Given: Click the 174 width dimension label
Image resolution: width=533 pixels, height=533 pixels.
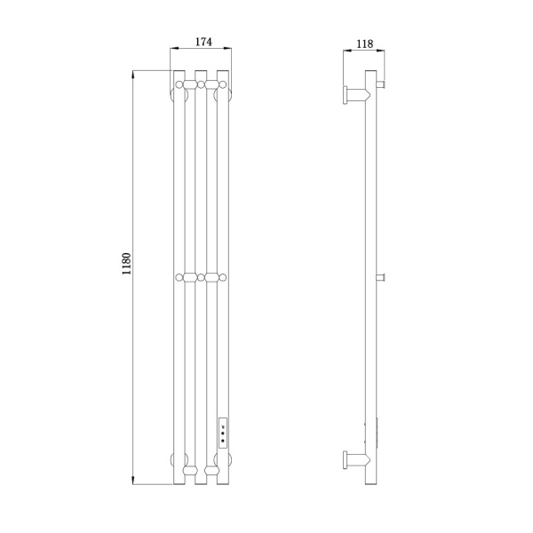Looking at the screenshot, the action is (x=203, y=42).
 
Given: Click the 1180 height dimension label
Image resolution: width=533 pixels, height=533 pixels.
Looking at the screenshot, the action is (x=126, y=264).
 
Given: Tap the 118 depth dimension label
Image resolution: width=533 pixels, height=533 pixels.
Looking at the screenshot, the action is (x=365, y=44).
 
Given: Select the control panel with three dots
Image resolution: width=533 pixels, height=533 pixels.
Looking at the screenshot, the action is (x=223, y=433).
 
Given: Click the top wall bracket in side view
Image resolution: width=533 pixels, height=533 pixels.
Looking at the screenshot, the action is (x=356, y=95).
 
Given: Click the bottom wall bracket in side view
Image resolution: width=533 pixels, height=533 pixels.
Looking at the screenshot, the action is (x=356, y=460).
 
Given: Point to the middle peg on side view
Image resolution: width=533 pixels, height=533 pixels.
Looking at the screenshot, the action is (x=381, y=278).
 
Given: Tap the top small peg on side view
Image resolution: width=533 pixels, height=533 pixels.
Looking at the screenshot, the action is (x=381, y=84).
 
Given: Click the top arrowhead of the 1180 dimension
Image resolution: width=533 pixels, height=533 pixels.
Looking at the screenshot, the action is (x=133, y=74).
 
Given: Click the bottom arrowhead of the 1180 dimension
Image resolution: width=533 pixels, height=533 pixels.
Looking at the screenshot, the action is (x=133, y=481).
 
